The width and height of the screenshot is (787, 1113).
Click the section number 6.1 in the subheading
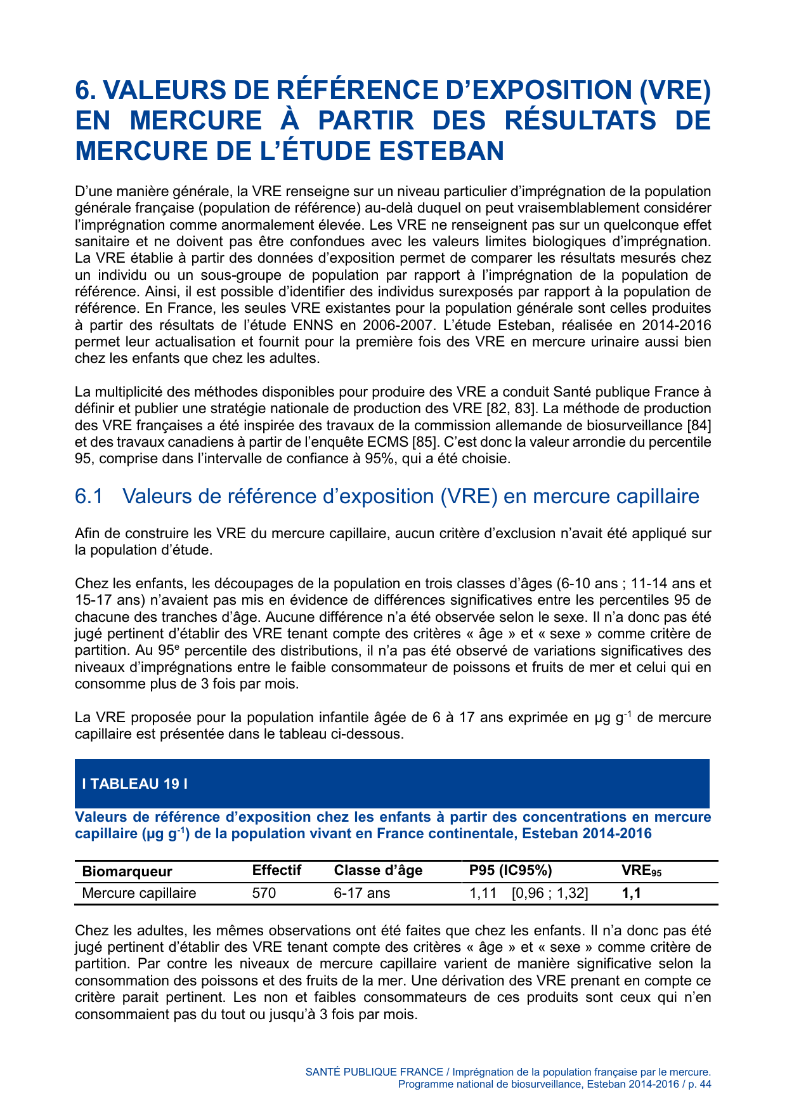[89, 496]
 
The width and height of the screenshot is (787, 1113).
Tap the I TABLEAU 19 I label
[135, 784]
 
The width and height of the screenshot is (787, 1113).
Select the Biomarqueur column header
[127, 871]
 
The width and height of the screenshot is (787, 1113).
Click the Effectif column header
[276, 871]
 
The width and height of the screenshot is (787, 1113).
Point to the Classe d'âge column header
[378, 871]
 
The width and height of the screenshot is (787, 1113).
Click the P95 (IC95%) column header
[511, 871]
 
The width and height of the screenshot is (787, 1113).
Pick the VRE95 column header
[641, 871]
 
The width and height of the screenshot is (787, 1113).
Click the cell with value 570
[264, 893]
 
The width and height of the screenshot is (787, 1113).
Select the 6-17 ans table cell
[362, 893]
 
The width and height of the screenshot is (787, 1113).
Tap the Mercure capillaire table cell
[140, 893]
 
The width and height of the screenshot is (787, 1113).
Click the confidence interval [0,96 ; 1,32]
[550, 893]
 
